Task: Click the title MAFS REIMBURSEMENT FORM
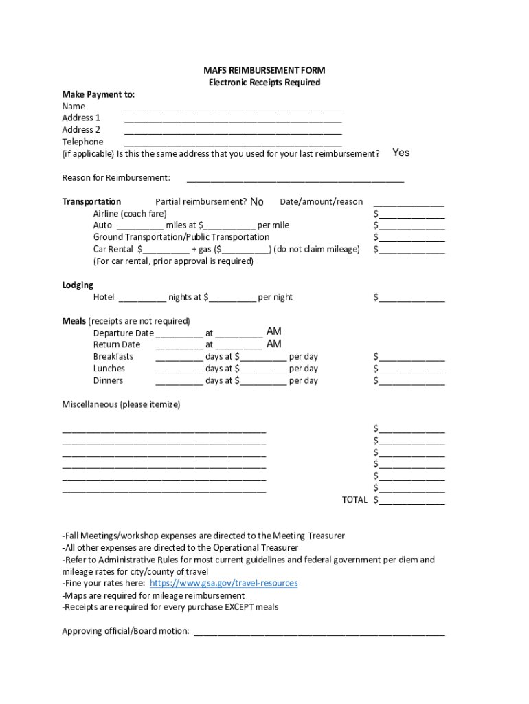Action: tap(264, 70)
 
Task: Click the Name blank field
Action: tap(233, 107)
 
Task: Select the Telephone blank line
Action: tap(233, 142)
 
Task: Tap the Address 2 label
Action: tap(81, 129)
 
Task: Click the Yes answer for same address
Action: tap(401, 153)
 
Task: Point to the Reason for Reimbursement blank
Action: tap(295, 178)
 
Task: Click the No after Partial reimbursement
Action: tap(257, 202)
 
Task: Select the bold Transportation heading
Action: tap(91, 201)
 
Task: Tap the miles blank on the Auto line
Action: tap(140, 225)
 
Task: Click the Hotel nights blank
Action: tap(142, 298)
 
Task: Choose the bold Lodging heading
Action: tap(78, 285)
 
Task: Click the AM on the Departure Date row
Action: tap(273, 332)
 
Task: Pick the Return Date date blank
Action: tap(179, 345)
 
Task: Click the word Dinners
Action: tap(109, 380)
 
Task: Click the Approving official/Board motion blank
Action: tap(319, 632)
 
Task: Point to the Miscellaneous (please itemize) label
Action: tap(121, 404)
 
